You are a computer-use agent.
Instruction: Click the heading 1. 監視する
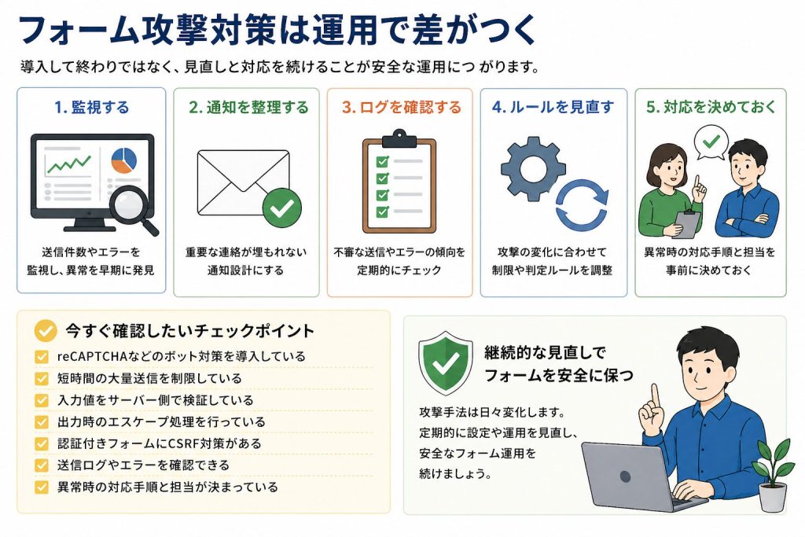[x=91, y=107]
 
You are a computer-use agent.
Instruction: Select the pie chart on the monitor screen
[x=123, y=160]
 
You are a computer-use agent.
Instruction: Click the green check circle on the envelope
[x=282, y=208]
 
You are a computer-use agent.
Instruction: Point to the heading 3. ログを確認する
[x=402, y=107]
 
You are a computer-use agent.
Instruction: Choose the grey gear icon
[x=533, y=168]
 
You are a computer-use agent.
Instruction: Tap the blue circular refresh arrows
[x=583, y=205]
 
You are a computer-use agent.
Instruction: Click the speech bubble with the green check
[x=711, y=143]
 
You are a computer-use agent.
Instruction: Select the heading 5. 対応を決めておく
[x=711, y=107]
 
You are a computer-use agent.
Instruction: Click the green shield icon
[x=446, y=363]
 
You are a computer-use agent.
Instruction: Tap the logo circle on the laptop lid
[x=625, y=476]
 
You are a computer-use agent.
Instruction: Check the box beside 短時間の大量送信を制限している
[x=42, y=378]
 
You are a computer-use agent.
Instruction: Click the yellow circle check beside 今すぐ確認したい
[x=45, y=331]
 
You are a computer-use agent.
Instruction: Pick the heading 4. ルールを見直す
[x=553, y=107]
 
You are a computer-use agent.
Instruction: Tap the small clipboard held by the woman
[x=687, y=224]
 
